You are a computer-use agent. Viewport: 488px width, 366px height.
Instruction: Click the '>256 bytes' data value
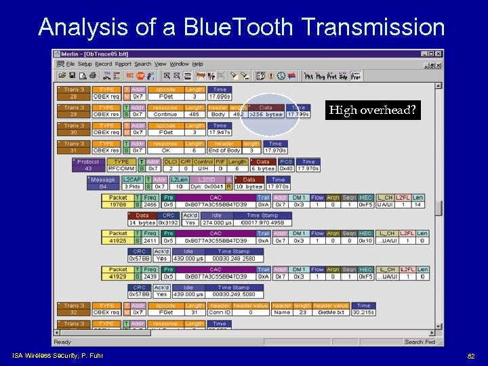click(x=266, y=115)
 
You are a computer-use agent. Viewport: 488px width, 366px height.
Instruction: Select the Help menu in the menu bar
click(x=198, y=64)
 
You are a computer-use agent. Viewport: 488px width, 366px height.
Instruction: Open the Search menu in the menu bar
click(x=143, y=64)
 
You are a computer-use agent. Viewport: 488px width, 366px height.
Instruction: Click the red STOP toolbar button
click(x=140, y=76)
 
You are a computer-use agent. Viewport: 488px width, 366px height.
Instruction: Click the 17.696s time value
click(x=220, y=96)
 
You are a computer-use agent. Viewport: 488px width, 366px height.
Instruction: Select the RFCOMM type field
click(x=122, y=169)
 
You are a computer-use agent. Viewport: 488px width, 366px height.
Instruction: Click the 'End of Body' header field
click(x=224, y=150)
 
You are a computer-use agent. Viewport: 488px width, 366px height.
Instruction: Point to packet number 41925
click(x=118, y=241)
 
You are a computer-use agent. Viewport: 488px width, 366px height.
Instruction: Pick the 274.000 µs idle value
click(x=216, y=222)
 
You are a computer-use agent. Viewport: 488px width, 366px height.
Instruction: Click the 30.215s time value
click(x=363, y=312)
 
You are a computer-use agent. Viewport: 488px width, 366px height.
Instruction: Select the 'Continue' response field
click(x=165, y=115)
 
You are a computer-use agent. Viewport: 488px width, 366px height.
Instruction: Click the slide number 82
click(x=471, y=355)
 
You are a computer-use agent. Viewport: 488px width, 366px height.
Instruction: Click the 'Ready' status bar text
click(x=63, y=342)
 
